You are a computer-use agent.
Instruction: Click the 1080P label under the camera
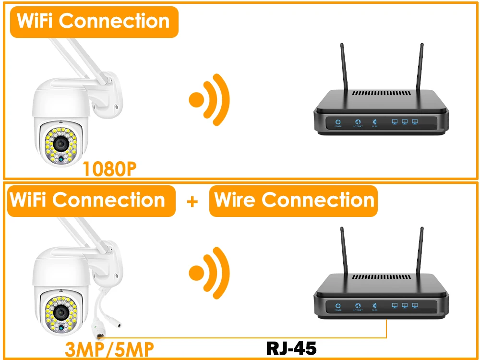point(109,168)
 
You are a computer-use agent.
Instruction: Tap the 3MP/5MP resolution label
point(109,349)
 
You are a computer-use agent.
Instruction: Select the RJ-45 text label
point(291,348)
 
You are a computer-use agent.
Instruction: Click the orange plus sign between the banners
point(192,201)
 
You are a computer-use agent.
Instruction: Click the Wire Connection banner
point(293,200)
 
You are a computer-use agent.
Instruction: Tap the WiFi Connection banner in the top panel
point(94,22)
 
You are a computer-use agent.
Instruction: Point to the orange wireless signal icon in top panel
point(210,100)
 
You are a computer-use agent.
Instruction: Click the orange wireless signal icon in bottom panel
point(210,273)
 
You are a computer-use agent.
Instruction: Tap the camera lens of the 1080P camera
point(61,143)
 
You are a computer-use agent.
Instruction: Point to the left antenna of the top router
point(344,67)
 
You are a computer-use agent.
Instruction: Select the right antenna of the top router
point(421,67)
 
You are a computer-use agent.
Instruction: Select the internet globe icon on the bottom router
point(357,306)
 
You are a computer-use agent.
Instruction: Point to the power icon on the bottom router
point(338,306)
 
